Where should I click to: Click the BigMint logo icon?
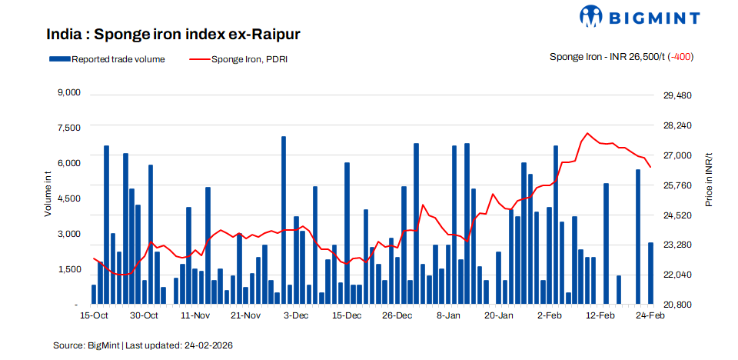593,17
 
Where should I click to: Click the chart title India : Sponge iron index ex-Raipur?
173,35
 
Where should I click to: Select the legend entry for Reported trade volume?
107,58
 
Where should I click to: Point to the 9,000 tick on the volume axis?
69,93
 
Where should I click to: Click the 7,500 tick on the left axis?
69,128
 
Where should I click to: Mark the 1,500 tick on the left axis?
69,269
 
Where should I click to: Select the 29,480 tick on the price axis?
678,95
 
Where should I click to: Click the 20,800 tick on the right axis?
678,305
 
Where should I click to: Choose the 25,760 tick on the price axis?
678,185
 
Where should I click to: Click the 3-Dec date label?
296,316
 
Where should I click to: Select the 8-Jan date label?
448,316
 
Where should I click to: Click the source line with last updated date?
142,345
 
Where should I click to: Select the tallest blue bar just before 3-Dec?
284,220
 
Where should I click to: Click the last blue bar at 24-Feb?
650,273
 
